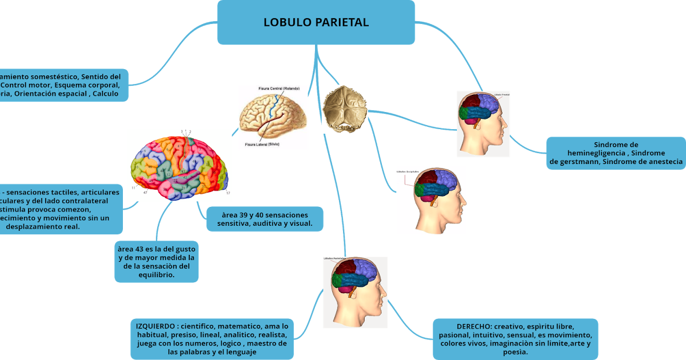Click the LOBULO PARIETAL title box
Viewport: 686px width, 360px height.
coord(316,22)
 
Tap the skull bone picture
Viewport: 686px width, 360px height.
coord(345,109)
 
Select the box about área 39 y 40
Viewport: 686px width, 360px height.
coord(265,218)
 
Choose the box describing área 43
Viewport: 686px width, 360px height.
coord(156,262)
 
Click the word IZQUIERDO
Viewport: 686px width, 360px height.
coord(154,325)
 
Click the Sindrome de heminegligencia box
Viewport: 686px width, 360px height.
coord(615,153)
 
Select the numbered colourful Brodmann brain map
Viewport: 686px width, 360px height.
coord(180,164)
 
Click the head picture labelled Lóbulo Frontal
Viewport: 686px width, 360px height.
coord(484,123)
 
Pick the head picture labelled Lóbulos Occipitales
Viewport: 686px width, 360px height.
coord(432,201)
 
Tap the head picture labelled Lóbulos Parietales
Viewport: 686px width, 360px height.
coord(356,292)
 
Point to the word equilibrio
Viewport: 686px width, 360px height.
coord(156,275)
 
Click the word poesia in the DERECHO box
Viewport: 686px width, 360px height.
coord(515,352)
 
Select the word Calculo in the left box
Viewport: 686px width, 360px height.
coord(104,93)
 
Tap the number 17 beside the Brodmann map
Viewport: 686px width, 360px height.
coord(228,193)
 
